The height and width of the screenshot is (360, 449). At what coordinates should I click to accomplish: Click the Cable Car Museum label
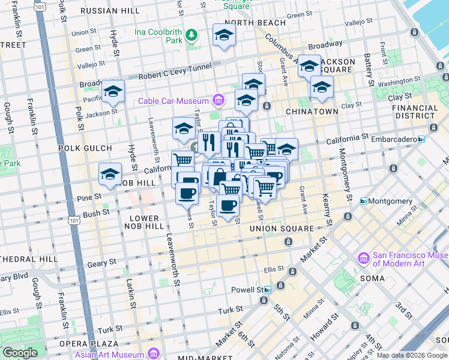(173, 100)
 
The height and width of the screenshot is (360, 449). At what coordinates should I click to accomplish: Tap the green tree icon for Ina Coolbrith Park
(191, 35)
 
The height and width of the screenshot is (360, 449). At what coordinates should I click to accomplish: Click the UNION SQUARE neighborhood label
(282, 229)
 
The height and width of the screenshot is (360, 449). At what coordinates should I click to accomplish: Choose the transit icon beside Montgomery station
(363, 201)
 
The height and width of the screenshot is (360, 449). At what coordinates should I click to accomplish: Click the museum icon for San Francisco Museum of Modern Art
(363, 259)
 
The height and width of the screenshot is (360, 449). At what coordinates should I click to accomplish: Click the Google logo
(20, 353)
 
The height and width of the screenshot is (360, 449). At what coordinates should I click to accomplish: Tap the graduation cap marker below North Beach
(224, 35)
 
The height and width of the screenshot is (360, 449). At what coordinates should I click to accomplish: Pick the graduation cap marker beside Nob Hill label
(110, 174)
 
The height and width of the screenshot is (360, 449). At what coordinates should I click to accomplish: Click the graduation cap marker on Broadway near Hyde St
(112, 91)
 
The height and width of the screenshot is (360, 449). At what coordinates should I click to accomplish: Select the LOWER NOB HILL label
(144, 222)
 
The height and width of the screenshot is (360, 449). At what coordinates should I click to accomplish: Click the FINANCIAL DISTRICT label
(415, 112)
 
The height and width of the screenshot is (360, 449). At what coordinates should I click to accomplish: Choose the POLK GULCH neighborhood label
(85, 148)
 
